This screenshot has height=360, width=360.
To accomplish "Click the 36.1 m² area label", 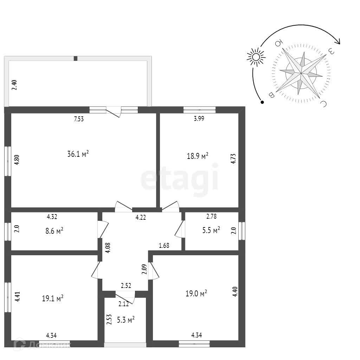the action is pos(78,154).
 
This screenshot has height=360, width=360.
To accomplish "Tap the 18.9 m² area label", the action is pos(198,156).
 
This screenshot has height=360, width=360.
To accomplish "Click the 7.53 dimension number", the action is pos(79,119).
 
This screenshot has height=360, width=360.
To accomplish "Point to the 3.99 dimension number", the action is pos(199,118).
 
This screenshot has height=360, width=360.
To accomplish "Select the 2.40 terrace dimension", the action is pos(14,85).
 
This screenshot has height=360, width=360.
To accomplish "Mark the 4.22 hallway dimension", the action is pos(141,218).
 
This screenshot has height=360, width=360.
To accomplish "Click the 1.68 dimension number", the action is pos(164,246).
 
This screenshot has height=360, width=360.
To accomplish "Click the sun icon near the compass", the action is pos(256,57).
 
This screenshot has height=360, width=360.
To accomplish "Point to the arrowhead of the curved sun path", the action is pos(339,41).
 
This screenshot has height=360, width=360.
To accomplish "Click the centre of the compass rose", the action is pos(301,73).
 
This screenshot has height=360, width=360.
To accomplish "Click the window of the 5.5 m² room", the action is pos(242,231).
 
